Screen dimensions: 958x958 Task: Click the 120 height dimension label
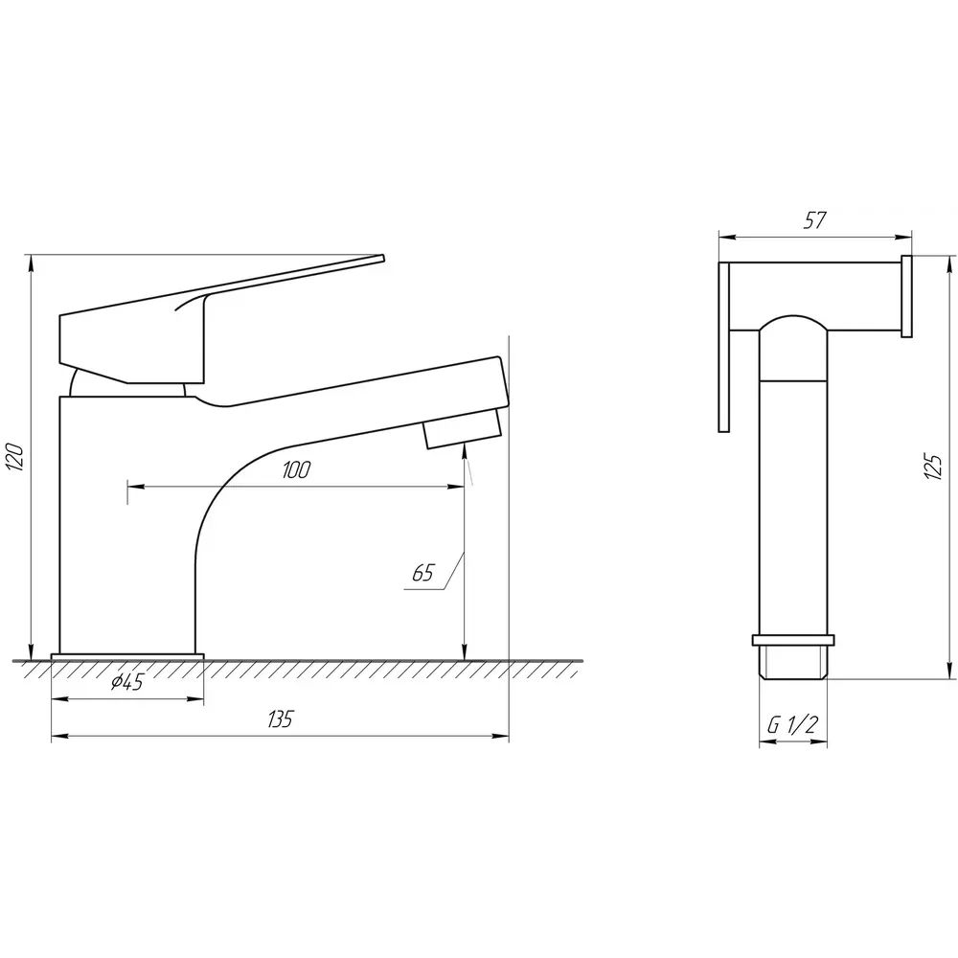coord(16,457)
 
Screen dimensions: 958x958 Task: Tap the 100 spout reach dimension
coord(296,469)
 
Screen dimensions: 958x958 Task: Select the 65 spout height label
coord(422,573)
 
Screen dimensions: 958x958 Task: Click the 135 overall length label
coord(280,719)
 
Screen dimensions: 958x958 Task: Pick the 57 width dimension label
coord(814,220)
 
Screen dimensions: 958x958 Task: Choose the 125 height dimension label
coord(933,467)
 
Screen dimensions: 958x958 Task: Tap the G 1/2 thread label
coord(792,725)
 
